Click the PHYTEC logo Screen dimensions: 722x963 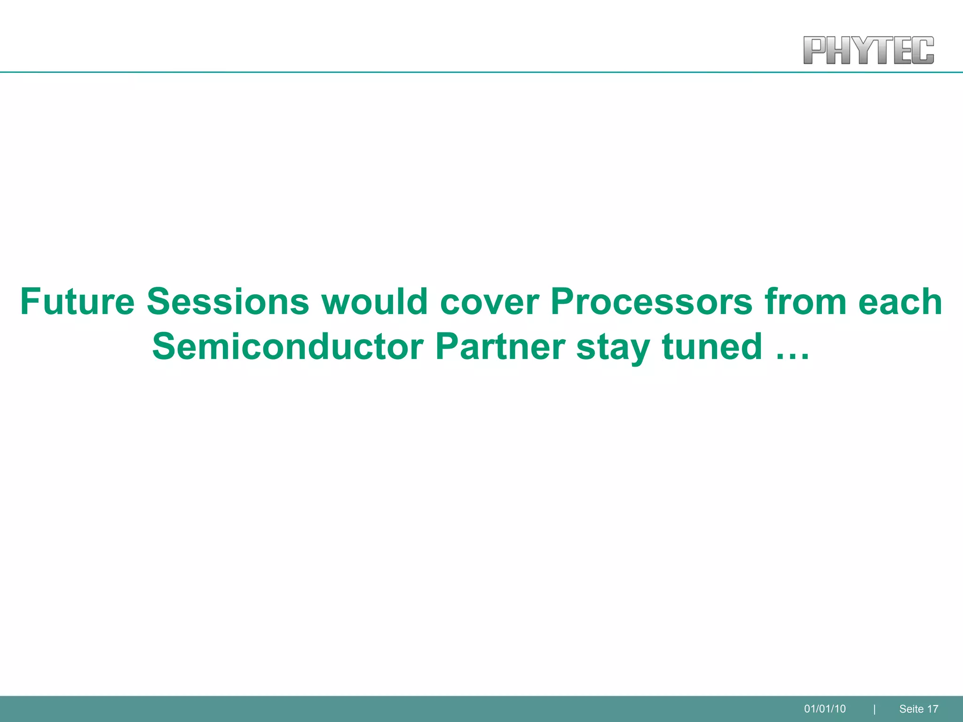(x=868, y=50)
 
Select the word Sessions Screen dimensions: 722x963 (x=228, y=302)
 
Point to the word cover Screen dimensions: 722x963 (x=489, y=302)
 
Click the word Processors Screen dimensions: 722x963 (x=652, y=302)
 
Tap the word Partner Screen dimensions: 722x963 (x=500, y=347)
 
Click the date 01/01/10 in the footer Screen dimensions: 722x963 (x=825, y=709)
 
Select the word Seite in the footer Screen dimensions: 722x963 (x=911, y=709)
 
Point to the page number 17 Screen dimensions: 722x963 (x=933, y=709)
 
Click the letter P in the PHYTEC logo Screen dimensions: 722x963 (x=815, y=50)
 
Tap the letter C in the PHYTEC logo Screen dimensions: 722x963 (x=924, y=50)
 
